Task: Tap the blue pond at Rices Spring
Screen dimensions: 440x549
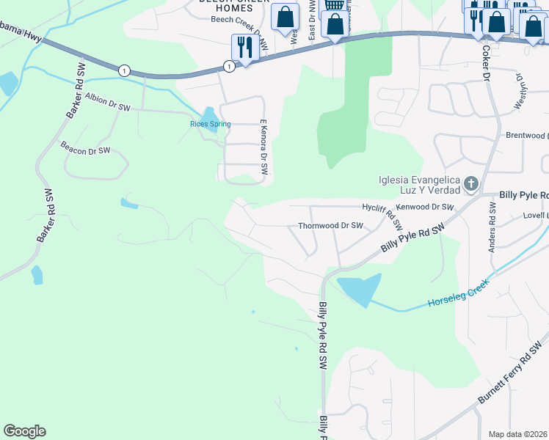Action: pos(208,115)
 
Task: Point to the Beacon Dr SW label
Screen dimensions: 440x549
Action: pos(85,147)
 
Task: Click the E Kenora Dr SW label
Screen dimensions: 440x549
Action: pos(263,147)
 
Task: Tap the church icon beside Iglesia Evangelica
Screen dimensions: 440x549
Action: pos(470,183)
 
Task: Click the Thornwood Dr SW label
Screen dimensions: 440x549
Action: pos(330,226)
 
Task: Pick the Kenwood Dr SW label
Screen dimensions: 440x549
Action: pos(425,208)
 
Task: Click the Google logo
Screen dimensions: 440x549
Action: pos(24,431)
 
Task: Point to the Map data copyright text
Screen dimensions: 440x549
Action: pos(518,434)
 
